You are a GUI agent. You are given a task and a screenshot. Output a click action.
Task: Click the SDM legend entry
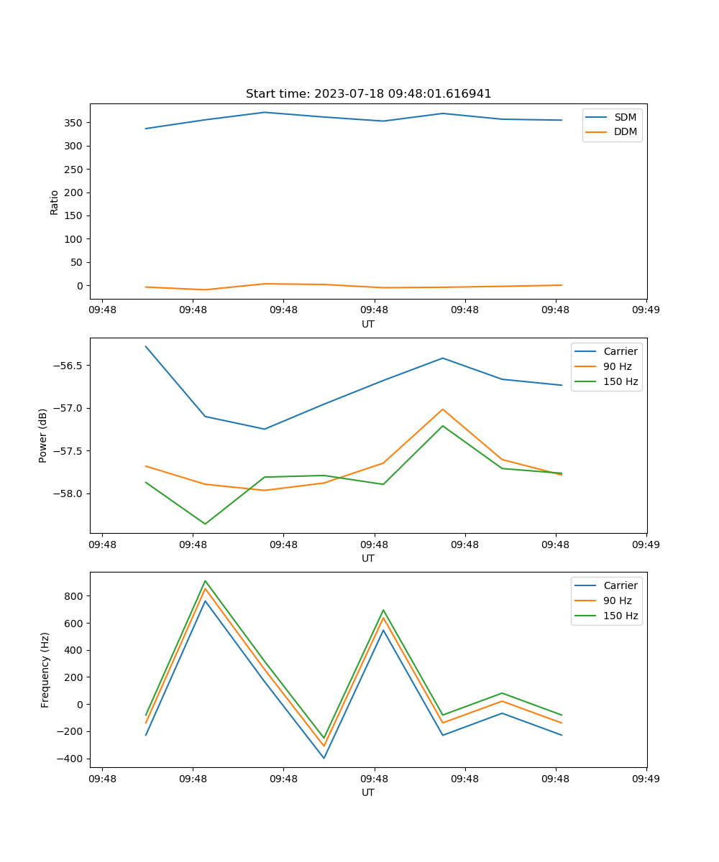[x=625, y=117]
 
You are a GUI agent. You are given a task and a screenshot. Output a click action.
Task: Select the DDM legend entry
[x=625, y=131]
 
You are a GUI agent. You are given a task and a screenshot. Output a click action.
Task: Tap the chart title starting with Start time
[x=368, y=94]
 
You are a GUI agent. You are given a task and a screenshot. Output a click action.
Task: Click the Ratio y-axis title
[x=55, y=202]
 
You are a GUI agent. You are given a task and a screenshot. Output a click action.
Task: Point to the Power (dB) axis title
[x=43, y=435]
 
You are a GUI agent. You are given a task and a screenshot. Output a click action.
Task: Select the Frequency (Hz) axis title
[x=45, y=669]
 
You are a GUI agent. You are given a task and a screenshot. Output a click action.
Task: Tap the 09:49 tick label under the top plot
[x=646, y=310]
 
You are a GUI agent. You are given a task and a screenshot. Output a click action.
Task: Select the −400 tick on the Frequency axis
[x=68, y=759]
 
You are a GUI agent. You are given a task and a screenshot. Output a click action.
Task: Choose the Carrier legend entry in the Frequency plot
[x=620, y=585]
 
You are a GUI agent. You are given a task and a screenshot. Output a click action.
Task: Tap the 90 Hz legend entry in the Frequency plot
[x=617, y=601]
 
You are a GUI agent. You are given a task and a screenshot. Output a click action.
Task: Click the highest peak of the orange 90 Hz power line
[x=443, y=409]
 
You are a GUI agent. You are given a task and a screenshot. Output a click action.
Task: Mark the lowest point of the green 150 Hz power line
[x=206, y=524]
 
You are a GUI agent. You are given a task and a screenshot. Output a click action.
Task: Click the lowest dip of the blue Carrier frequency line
[x=324, y=758]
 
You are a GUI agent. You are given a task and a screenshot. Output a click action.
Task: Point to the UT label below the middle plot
[x=368, y=558]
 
